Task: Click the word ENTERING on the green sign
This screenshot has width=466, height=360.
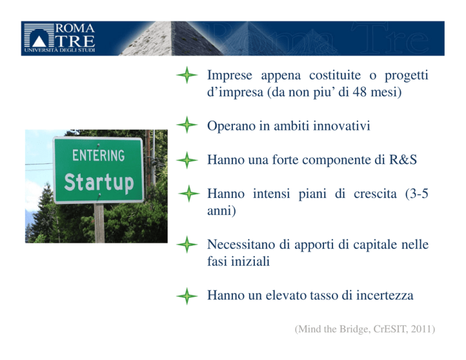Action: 98,155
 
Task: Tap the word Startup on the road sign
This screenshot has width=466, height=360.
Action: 99,182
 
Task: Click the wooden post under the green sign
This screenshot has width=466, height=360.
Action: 100,223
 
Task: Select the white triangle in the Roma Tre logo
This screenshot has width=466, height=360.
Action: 39,41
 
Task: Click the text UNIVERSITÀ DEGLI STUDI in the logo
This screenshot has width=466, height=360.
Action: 59,50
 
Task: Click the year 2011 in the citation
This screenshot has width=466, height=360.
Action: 421,329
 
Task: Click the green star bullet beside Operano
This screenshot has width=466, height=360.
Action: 187,125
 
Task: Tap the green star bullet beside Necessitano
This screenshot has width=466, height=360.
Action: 187,245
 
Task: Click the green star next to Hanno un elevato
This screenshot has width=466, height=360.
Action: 187,296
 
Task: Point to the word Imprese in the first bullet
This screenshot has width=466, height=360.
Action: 230,75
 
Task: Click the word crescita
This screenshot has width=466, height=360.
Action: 375,194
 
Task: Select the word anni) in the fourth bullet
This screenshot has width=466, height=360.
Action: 221,211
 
